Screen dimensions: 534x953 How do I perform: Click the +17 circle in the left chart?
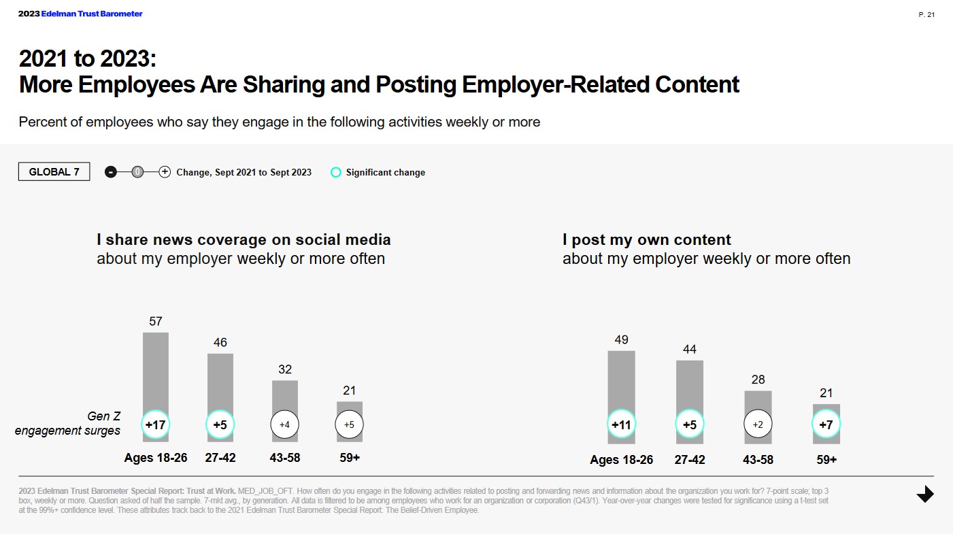[155, 424]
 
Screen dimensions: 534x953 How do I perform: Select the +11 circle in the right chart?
[621, 424]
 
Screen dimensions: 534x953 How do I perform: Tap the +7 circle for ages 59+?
[826, 424]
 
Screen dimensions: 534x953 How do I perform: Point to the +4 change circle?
[285, 424]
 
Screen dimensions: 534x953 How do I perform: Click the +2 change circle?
[758, 424]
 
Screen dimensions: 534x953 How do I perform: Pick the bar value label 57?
[156, 321]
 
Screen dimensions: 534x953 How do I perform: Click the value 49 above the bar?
[621, 339]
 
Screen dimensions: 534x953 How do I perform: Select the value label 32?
[285, 369]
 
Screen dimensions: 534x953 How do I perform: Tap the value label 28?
[758, 380]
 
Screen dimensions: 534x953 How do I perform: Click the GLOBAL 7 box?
[54, 172]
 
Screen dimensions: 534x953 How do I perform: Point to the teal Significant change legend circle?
[335, 172]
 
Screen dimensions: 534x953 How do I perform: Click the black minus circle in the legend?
[111, 172]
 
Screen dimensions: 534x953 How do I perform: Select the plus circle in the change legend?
[165, 172]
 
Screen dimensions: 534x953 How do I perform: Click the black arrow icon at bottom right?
[925, 495]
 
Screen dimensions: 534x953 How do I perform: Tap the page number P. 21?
[926, 15]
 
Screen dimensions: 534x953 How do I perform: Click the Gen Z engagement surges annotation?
[68, 423]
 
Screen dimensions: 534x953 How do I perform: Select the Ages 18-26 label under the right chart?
[621, 460]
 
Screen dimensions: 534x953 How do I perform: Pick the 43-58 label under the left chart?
[285, 458]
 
